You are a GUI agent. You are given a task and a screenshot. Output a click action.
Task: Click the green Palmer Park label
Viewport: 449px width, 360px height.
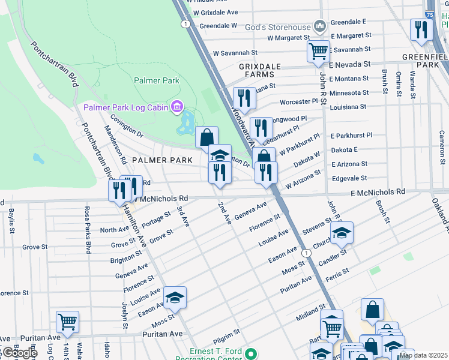(157, 80)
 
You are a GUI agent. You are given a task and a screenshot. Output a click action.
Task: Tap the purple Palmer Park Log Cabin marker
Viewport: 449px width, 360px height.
(177, 107)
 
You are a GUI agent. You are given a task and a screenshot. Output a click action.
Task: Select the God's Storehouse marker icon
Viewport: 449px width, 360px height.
(320, 26)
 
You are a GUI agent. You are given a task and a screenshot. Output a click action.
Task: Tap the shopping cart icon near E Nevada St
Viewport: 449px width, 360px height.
(318, 51)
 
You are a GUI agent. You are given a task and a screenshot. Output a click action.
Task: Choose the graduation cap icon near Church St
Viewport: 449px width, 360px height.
(342, 233)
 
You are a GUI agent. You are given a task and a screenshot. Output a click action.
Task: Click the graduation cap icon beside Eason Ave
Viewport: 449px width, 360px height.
(175, 298)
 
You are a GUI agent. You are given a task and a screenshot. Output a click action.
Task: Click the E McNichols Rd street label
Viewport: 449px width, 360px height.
(378, 191)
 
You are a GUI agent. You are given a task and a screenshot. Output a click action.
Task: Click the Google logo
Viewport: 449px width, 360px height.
(19, 353)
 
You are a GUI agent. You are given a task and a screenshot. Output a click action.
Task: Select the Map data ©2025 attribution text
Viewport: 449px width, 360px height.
(423, 355)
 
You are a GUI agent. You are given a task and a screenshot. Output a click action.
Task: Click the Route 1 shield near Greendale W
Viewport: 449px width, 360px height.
(186, 23)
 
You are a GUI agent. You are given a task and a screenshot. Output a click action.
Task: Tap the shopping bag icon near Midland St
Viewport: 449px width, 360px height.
(372, 310)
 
